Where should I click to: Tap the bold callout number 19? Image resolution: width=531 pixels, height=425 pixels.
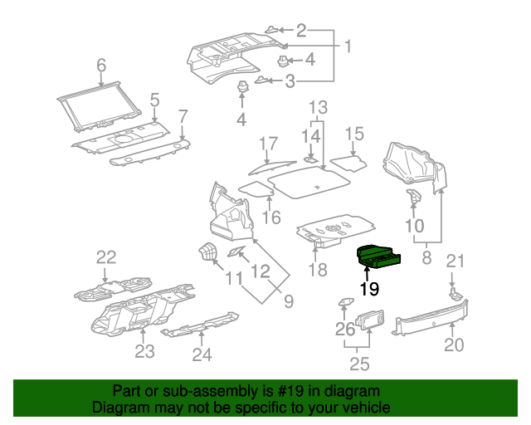[x=369, y=290]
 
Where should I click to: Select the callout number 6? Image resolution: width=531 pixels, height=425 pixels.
[x=101, y=65]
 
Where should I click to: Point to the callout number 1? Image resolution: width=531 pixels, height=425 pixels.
[x=348, y=46]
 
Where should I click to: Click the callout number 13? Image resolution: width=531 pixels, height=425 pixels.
[x=319, y=107]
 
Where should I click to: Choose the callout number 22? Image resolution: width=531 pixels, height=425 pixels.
[x=106, y=256]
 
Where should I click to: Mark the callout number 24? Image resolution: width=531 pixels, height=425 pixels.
[x=202, y=355]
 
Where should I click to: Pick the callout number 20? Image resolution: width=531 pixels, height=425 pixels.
[x=453, y=345]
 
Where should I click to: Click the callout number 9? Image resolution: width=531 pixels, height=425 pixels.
[x=290, y=300]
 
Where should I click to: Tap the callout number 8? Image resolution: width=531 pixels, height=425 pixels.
[x=426, y=257]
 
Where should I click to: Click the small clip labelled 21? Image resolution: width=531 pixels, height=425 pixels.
[x=455, y=293]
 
